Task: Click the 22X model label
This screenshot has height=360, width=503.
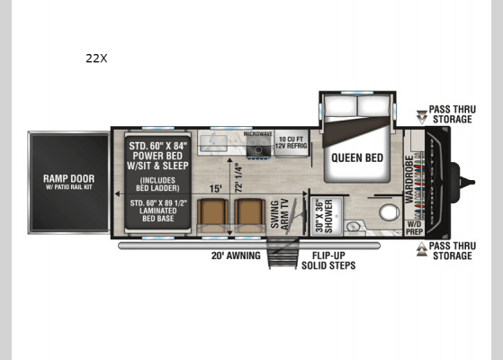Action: pos(96,58)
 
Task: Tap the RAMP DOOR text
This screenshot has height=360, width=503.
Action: pos(68,177)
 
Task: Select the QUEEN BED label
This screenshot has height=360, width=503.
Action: pos(358,156)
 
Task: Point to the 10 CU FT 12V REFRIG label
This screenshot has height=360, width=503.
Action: pos(292,143)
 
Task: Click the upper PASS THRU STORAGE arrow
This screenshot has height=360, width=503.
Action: pos(422,116)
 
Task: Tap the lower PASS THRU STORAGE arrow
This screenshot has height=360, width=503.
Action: pos(422,249)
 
